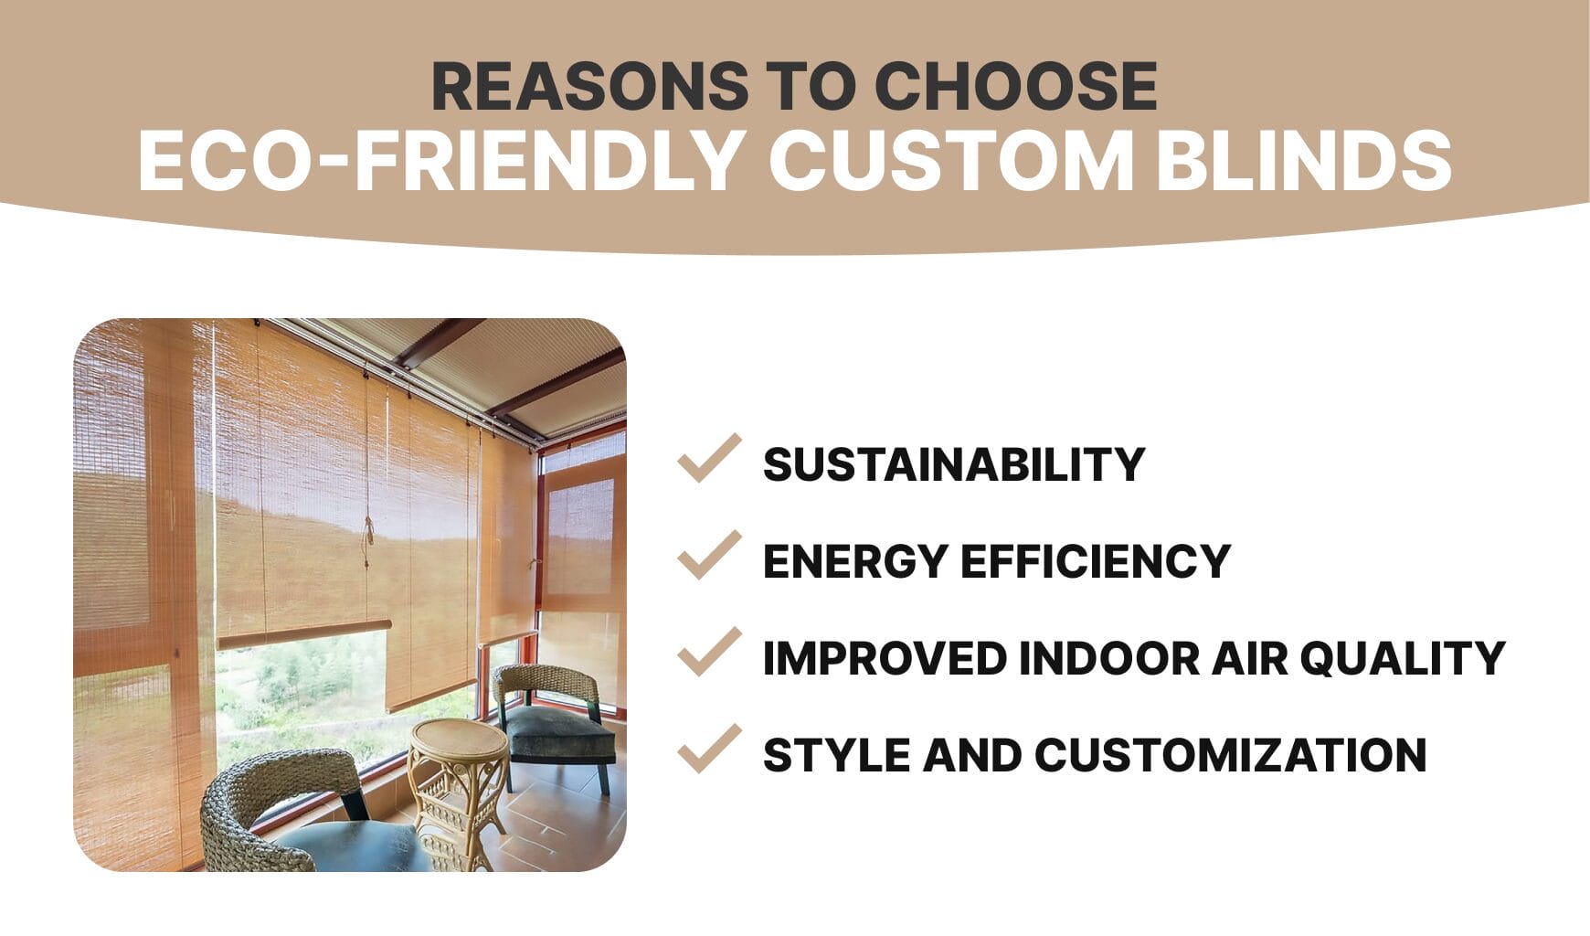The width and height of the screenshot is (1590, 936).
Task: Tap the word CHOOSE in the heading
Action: (1015, 87)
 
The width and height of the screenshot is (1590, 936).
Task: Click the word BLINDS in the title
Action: (1304, 161)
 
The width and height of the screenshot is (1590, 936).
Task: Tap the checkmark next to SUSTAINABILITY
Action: (708, 459)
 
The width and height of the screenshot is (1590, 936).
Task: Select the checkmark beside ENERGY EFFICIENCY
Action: (708, 556)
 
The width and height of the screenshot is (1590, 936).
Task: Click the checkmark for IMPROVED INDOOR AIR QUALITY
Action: (708, 653)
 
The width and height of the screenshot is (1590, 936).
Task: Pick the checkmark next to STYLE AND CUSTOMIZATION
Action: (708, 750)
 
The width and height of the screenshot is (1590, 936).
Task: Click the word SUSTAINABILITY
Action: (953, 464)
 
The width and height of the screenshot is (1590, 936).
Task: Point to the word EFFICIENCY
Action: (1096, 561)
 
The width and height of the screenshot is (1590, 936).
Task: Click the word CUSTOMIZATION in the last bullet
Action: (1230, 755)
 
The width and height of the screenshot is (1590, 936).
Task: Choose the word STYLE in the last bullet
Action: (834, 755)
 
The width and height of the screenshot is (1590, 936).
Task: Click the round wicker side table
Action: (457, 777)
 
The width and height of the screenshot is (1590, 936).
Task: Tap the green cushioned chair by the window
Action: (553, 722)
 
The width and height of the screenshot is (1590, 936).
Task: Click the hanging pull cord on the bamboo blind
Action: (368, 539)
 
